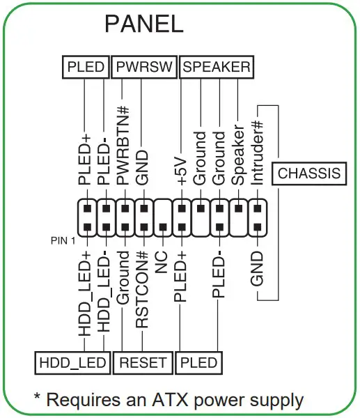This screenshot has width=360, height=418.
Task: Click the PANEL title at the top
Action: (x=143, y=24)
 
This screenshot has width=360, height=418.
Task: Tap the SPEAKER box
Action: (x=216, y=68)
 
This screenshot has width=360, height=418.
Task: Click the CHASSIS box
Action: (x=309, y=173)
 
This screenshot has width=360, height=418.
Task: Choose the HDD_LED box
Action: (x=72, y=363)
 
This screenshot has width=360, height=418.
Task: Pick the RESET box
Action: (x=143, y=363)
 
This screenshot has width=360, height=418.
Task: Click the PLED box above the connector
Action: (x=86, y=68)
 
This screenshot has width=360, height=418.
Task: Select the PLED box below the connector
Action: (x=198, y=363)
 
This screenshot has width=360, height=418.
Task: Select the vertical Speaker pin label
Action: (x=237, y=157)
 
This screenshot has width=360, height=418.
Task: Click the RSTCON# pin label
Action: (x=142, y=288)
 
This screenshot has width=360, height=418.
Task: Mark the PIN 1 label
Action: (x=62, y=241)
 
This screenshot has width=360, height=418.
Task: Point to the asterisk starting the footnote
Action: (x=39, y=397)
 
